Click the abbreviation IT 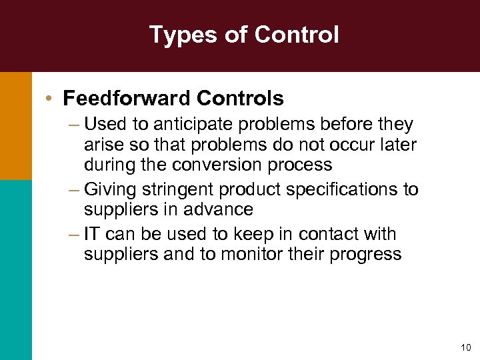click(93, 234)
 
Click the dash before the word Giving click(74, 190)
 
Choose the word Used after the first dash click(101, 125)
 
